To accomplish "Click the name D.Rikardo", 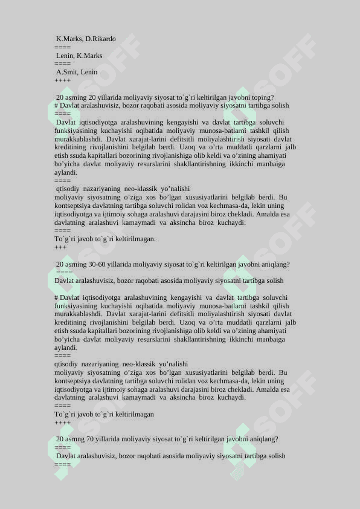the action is pyautogui.click(x=100, y=39).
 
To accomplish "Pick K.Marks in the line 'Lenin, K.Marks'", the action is pyautogui.click(x=89, y=56).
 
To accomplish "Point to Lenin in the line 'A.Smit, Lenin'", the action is pyautogui.click(x=89, y=72).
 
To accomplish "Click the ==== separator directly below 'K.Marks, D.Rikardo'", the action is pyautogui.click(x=62, y=47).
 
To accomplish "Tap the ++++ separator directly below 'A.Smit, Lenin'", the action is pyautogui.click(x=62, y=80).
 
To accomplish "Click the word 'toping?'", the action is pyautogui.click(x=262, y=97).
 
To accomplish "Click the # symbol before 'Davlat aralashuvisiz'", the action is pyautogui.click(x=56, y=105).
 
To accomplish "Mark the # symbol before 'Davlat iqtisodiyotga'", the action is pyautogui.click(x=56, y=297).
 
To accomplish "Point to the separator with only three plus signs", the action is pyautogui.click(x=60, y=247).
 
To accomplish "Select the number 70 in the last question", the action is pyautogui.click(x=91, y=439).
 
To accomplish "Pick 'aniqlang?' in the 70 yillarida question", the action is pyautogui.click(x=263, y=439).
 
